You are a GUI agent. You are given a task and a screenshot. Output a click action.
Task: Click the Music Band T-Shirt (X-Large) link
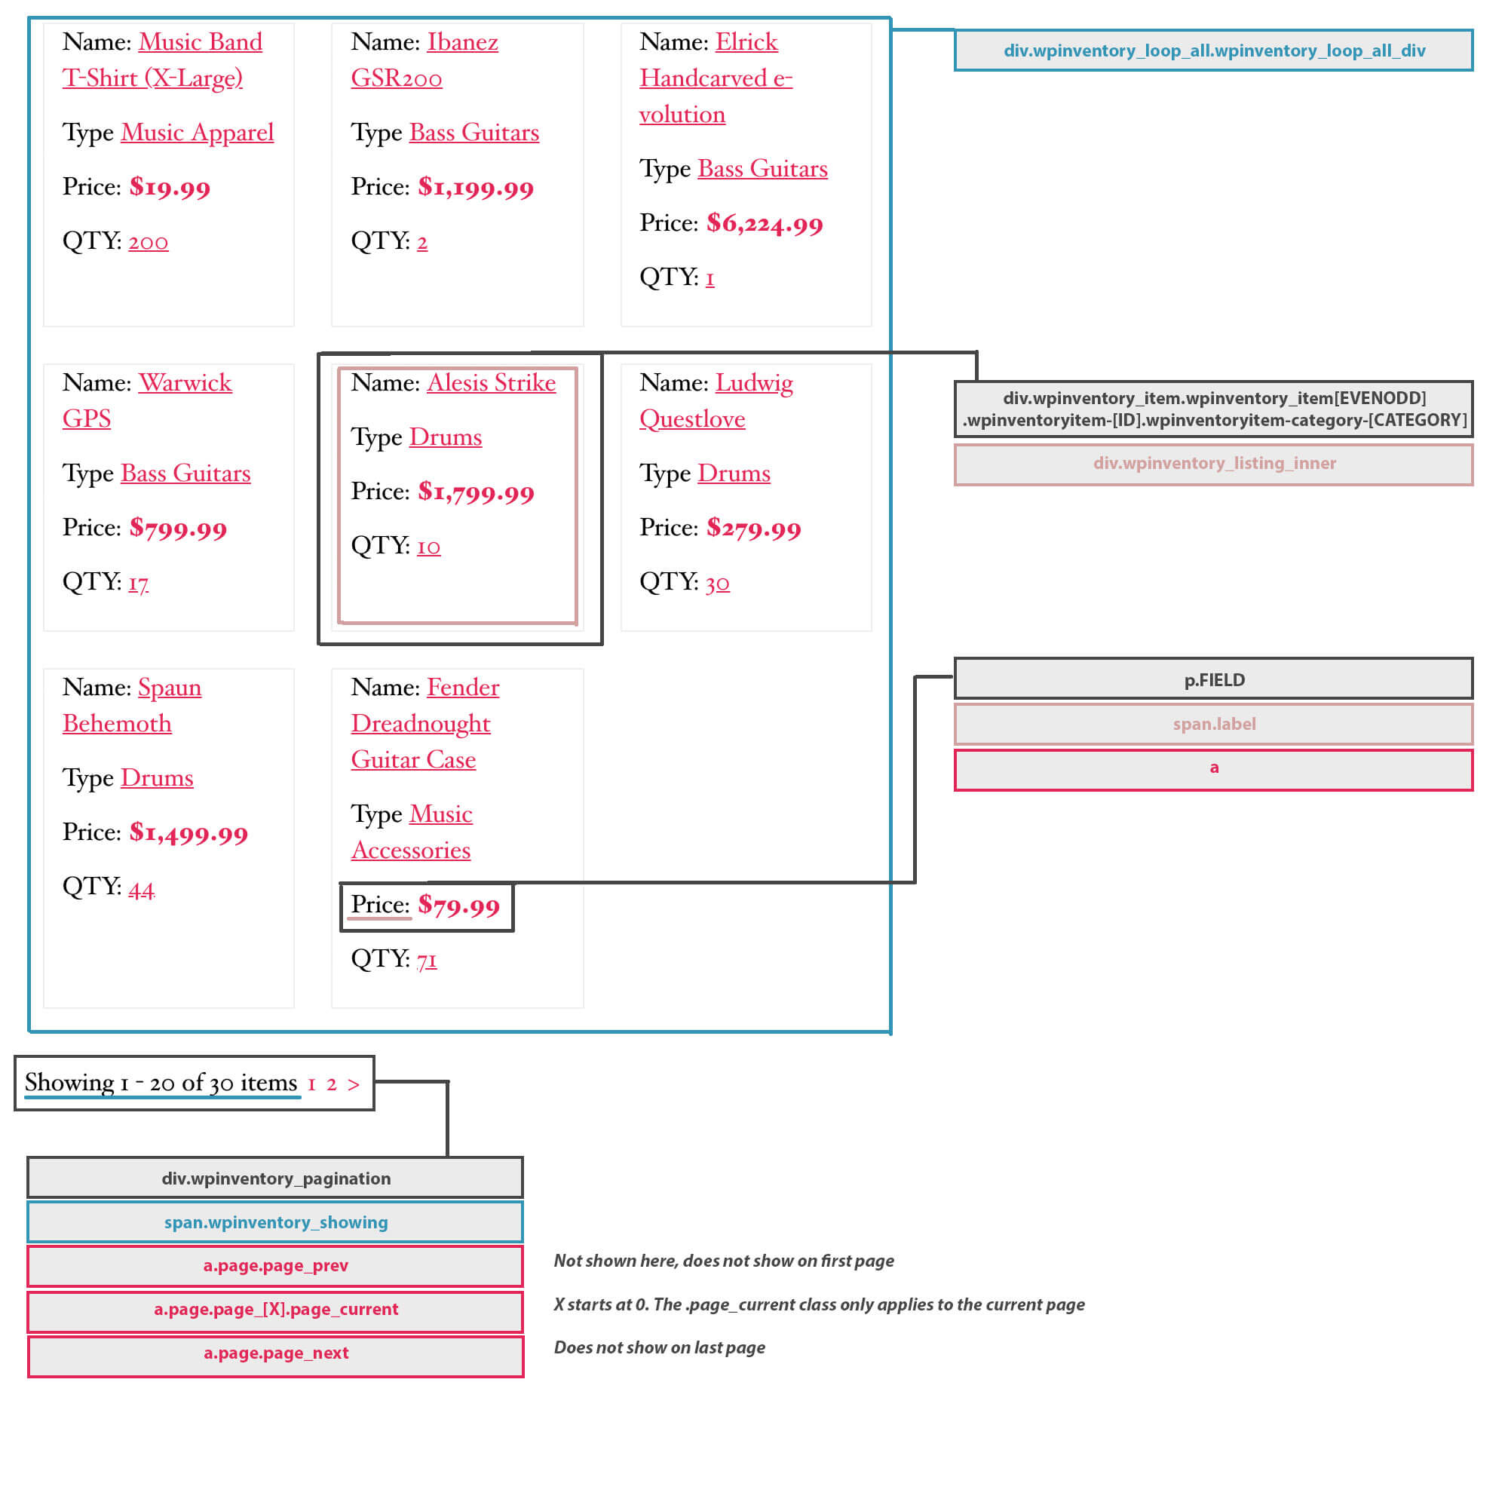tap(162, 60)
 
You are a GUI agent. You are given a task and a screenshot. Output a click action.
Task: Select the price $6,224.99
tap(764, 224)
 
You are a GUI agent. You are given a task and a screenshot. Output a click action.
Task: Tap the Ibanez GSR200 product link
tap(425, 60)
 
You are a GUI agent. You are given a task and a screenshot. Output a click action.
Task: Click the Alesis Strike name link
tap(491, 382)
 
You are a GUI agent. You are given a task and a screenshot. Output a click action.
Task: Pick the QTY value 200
tap(149, 241)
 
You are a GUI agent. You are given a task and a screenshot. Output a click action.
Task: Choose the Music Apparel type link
tap(198, 133)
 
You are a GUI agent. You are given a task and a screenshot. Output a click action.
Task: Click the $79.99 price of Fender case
tap(459, 906)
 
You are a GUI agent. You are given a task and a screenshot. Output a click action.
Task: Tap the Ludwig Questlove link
tap(716, 400)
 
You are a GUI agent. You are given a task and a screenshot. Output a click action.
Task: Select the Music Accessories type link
tap(412, 832)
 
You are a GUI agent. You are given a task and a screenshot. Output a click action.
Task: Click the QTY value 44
tap(141, 889)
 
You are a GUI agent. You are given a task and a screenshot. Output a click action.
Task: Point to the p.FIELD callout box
tap(1214, 679)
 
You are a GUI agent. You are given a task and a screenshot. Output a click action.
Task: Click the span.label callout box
tap(1214, 724)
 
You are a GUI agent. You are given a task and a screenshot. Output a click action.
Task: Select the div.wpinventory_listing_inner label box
tap(1214, 464)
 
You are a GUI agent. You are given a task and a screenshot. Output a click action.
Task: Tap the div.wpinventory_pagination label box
tap(275, 1178)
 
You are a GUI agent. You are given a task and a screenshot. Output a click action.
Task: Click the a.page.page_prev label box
tap(275, 1265)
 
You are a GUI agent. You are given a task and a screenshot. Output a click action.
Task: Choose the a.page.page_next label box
tap(275, 1353)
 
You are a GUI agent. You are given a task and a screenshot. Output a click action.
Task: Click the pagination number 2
tap(332, 1084)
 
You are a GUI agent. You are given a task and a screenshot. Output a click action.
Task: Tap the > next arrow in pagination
tap(354, 1084)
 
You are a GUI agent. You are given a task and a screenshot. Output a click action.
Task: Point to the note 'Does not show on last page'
tap(660, 1348)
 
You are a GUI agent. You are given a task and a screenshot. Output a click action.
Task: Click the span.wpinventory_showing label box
tap(275, 1221)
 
